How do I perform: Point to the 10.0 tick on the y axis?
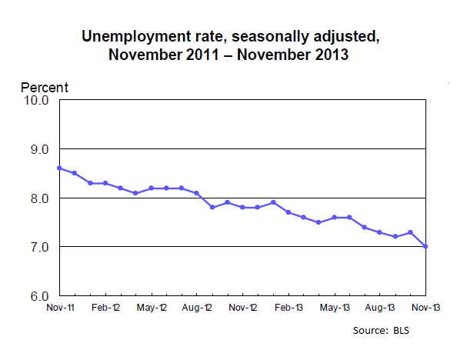[37, 100]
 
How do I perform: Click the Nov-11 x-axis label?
[59, 308]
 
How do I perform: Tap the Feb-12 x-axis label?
[105, 308]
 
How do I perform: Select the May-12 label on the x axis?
[151, 308]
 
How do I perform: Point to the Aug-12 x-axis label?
[197, 308]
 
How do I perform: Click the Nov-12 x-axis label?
[243, 308]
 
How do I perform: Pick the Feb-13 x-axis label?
[289, 308]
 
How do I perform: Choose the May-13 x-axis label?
[334, 308]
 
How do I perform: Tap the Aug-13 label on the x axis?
[379, 308]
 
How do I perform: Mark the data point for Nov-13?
[425, 247]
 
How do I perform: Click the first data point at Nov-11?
[59, 168]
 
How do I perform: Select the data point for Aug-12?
[197, 193]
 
